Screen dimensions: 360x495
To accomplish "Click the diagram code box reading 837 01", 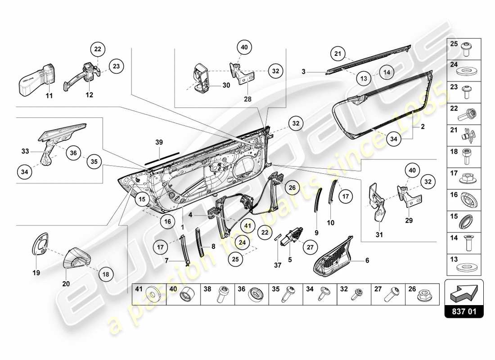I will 463,310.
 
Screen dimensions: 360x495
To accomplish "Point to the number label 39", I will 158,142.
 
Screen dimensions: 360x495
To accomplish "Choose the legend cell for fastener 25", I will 463,49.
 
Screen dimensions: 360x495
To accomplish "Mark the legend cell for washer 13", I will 463,265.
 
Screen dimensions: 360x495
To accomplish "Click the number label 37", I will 278,265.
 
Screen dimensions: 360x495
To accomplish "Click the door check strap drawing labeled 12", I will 85,76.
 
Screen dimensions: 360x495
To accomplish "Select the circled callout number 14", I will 386,72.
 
